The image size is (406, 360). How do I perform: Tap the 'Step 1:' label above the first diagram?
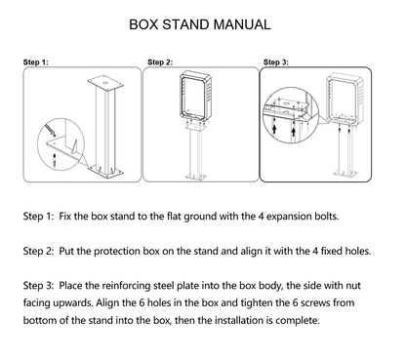tap(35, 62)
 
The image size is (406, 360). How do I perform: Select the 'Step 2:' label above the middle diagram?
tap(160, 62)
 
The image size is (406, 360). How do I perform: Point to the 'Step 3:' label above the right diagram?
tap(276, 62)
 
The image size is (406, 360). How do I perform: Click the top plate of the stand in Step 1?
tap(105, 83)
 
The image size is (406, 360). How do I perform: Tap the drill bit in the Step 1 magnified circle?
tap(50, 128)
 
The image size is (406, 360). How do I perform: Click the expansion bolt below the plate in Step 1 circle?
tap(54, 160)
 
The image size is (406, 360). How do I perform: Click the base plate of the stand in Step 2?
tap(195, 177)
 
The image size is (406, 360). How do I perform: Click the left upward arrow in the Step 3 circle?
tap(274, 129)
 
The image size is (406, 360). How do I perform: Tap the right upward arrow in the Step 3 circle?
tap(294, 131)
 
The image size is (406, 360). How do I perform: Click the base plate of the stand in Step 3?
tap(345, 173)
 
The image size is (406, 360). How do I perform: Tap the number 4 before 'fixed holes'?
tap(315, 251)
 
